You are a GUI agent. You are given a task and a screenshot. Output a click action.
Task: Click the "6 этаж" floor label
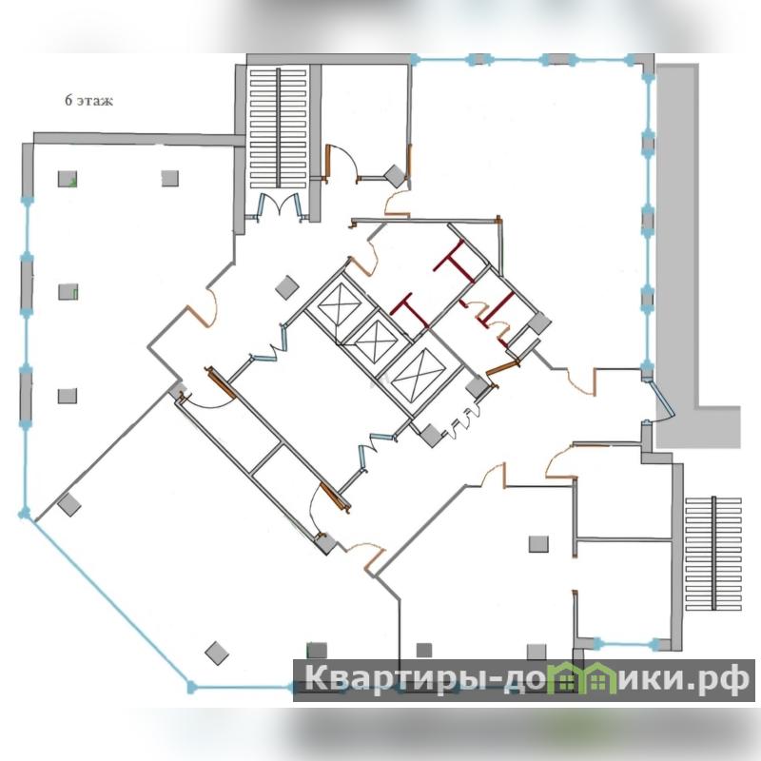pos(88,101)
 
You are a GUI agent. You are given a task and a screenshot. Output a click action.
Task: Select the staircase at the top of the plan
pos(279,128)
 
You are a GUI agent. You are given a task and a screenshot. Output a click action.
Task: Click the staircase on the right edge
pos(713,554)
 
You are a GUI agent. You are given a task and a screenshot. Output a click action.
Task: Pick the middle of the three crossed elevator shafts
pos(376,341)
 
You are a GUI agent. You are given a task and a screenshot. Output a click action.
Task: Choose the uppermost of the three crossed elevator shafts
pos(340,303)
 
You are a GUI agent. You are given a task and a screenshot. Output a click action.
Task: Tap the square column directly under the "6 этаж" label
pos(68,179)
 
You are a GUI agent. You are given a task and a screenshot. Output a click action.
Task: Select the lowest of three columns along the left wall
pos(68,396)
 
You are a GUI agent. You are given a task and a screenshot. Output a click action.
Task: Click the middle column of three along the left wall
pos(68,292)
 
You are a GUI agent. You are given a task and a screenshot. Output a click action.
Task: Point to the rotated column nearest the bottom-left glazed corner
pos(68,505)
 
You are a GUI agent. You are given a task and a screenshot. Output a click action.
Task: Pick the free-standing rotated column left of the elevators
pos(287,287)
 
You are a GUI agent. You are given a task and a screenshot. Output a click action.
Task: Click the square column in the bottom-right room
pos(538,544)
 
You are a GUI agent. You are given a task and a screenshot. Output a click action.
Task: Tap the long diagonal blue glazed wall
pos(107,601)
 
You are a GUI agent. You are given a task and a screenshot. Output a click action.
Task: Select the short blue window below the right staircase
pos(627,645)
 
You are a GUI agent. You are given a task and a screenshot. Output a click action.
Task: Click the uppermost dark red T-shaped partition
pos(454,263)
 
